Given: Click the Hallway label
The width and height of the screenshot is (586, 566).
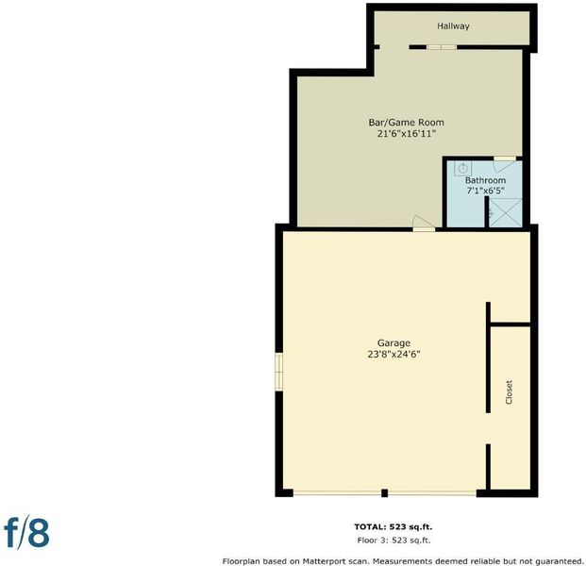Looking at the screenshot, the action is tap(453, 26).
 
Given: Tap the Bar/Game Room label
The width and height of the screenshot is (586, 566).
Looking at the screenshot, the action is tap(407, 123).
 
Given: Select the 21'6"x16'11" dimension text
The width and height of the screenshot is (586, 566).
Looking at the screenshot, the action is tap(407, 134).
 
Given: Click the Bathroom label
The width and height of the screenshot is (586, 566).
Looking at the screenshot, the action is tap(485, 180).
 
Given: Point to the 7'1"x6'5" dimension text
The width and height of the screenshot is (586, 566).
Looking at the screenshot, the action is tap(485, 191).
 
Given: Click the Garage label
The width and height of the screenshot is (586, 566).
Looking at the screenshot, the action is tap(393, 343).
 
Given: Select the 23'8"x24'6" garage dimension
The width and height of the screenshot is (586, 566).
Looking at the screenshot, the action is tap(394, 354).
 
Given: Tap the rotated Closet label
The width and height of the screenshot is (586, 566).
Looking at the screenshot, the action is tap(509, 392).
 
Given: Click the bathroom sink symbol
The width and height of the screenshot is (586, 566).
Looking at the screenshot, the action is tap(463, 168).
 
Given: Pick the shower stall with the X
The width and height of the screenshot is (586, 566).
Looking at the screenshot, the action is tap(506, 212).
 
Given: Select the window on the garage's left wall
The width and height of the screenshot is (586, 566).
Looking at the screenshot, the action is tap(278, 372).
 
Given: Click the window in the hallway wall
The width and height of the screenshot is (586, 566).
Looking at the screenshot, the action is tap(442, 47).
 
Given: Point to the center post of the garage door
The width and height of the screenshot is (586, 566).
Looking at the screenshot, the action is tap(385, 493).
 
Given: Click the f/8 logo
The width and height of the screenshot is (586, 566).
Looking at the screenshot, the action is tap(26, 532).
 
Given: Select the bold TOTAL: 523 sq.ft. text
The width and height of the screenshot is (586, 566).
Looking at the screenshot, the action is tap(393, 526).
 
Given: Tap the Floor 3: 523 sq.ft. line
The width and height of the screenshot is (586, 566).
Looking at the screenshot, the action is tap(393, 541).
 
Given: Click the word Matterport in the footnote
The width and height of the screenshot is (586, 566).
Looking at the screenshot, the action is tap(323, 561).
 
